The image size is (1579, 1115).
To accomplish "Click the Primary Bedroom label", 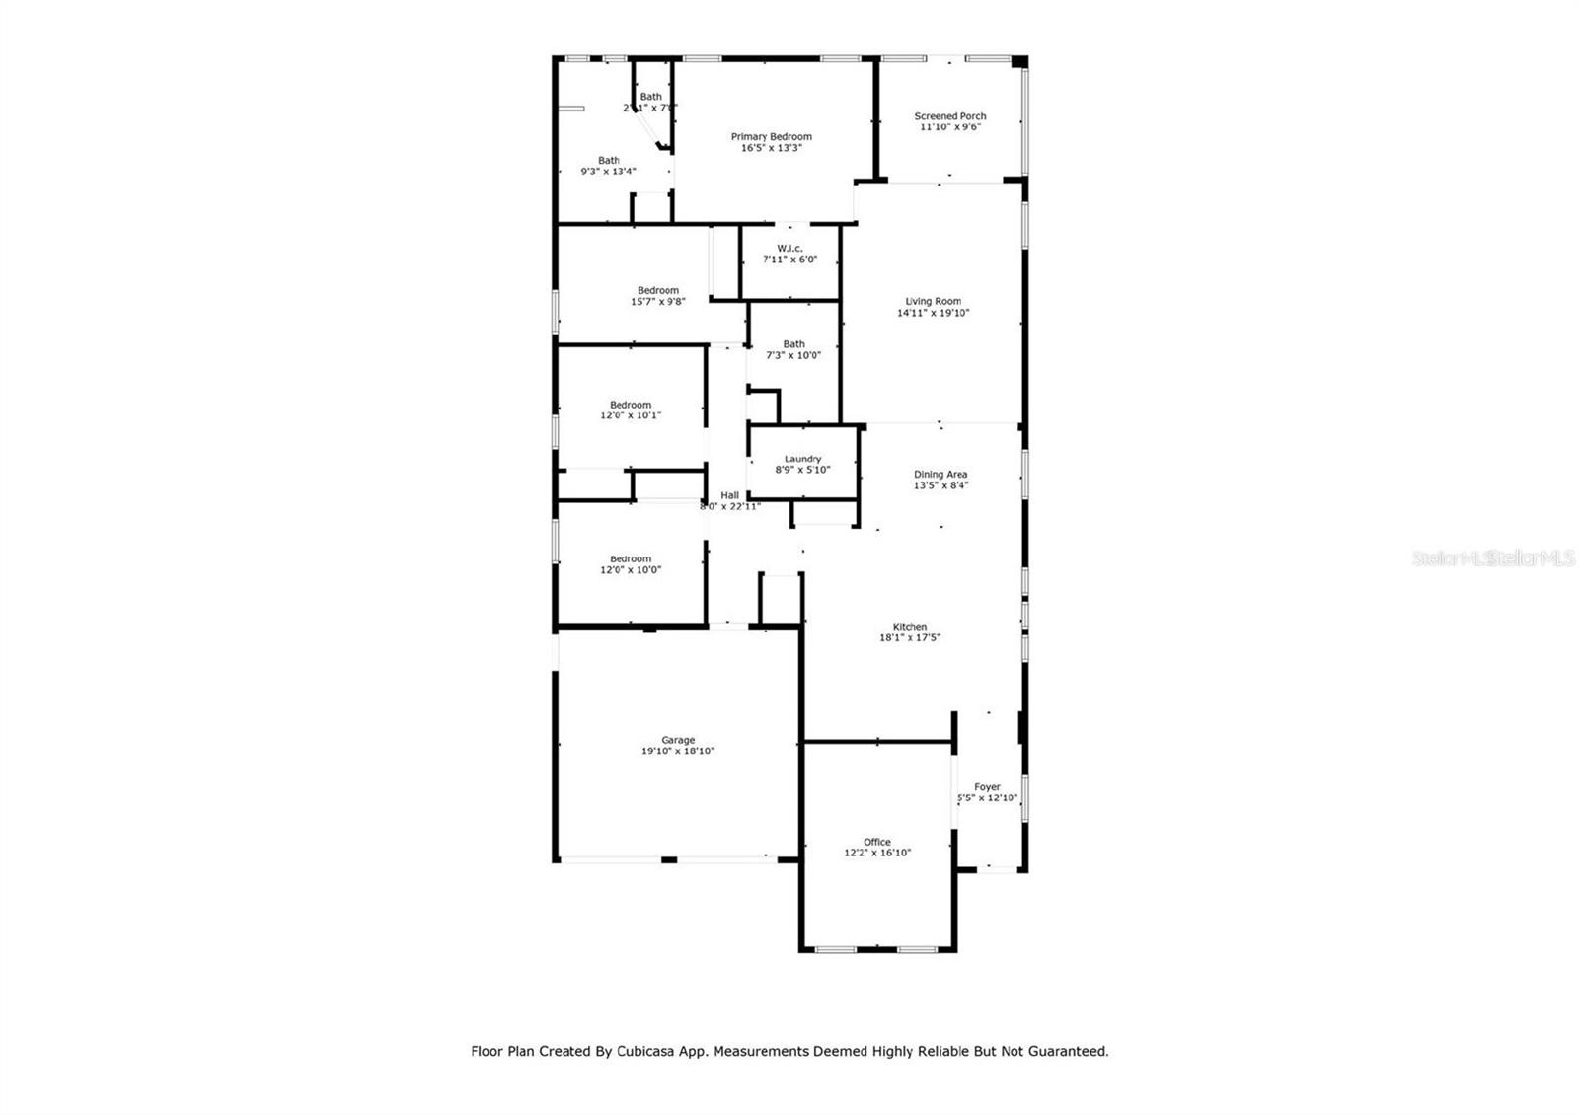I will tap(771, 137).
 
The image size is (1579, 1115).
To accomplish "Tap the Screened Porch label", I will tap(949, 116).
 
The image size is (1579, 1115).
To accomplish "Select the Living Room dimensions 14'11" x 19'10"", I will tap(933, 313).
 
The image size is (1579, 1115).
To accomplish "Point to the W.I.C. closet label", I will tap(789, 249).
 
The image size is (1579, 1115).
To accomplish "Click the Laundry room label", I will tap(802, 459).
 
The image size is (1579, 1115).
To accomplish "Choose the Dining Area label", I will tap(940, 475).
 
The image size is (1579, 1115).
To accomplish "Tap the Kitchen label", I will tap(909, 627).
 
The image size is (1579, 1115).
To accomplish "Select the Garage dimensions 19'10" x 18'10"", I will tap(678, 751).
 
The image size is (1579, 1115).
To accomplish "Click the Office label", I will tap(876, 842).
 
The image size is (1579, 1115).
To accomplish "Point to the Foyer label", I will tap(987, 787).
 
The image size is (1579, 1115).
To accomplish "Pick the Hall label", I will tap(729, 495).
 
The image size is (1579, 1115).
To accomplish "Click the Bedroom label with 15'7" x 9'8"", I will tap(657, 290).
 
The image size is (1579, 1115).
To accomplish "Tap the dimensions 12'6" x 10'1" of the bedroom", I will tap(631, 415).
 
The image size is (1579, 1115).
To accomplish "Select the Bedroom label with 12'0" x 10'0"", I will tap(631, 558).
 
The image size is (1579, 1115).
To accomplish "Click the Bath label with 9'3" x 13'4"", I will tap(608, 160).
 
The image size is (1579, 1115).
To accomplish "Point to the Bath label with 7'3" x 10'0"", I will tap(793, 344).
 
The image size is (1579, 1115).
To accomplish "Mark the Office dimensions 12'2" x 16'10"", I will tap(876, 853).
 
